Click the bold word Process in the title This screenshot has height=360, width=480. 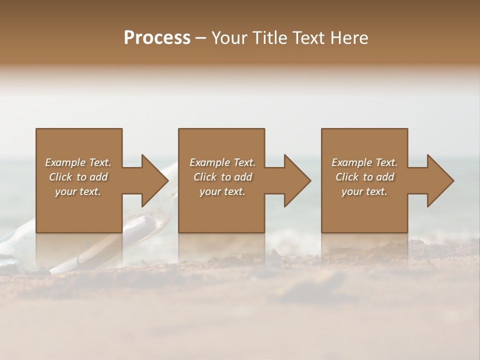[x=157, y=38]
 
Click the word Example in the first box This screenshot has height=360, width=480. [x=66, y=162]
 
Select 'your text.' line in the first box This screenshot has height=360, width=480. [x=78, y=191]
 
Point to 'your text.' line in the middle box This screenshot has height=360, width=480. [x=222, y=191]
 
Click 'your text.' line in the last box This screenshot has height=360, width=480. [x=364, y=191]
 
